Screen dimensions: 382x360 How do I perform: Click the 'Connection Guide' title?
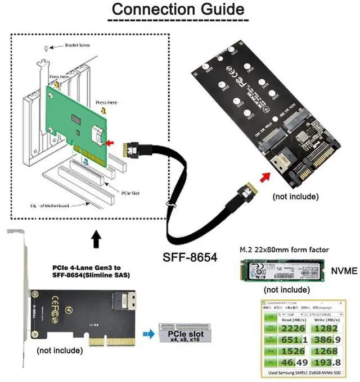[177, 10]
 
